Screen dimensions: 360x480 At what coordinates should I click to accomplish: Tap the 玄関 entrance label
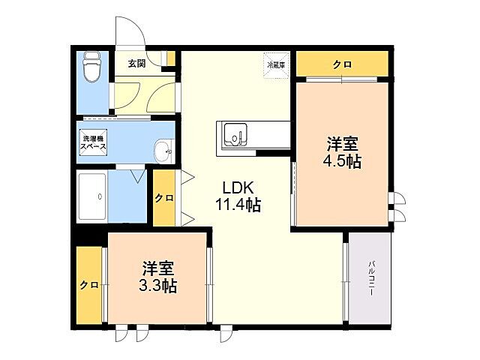point(136,63)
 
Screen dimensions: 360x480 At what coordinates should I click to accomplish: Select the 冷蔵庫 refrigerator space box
point(274,63)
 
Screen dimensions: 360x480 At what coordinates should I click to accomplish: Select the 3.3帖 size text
point(157,286)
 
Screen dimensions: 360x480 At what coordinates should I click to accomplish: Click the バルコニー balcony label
point(371,277)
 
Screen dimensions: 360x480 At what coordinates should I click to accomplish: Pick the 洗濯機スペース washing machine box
point(94,142)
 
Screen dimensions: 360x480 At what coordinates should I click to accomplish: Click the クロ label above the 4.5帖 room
point(342,64)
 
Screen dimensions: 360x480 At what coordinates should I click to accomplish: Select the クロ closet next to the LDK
point(163,198)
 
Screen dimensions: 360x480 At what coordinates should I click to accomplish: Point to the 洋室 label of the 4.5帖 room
point(343,143)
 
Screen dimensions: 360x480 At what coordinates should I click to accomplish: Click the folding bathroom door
point(136,176)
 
